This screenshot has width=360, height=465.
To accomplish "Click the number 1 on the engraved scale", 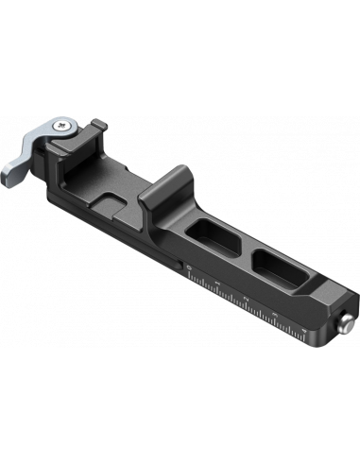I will [x=218, y=283].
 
